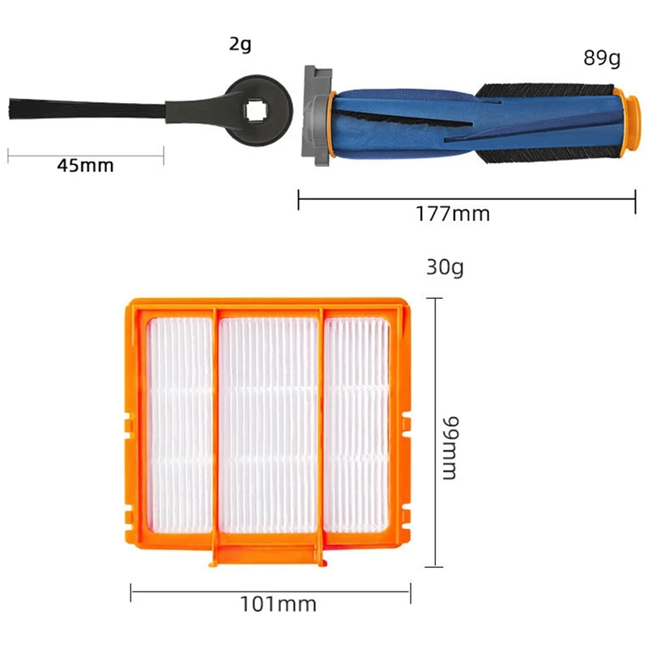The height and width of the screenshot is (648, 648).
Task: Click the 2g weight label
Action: [240, 44]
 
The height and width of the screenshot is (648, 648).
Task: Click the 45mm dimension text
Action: [85, 166]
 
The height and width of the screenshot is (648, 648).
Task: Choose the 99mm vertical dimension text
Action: [449, 449]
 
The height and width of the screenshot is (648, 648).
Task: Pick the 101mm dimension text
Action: [278, 603]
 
